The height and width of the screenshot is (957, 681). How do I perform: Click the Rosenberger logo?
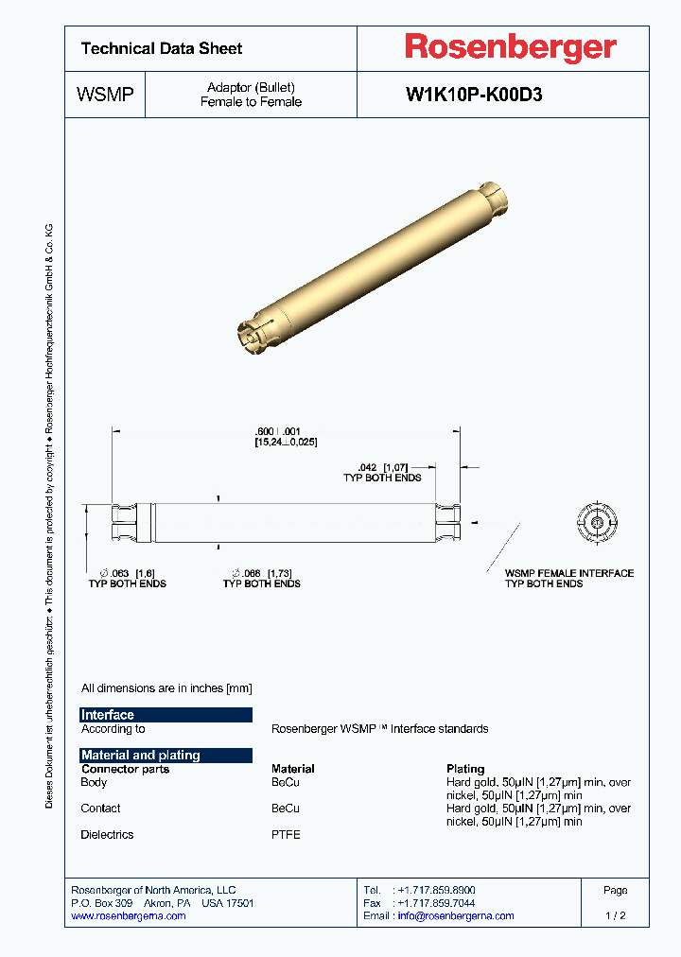click(x=511, y=47)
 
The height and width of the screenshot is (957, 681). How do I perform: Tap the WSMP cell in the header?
click(x=104, y=95)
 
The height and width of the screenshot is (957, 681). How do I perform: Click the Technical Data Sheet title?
click(x=162, y=48)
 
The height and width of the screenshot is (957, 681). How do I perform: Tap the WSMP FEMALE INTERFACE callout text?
click(x=568, y=573)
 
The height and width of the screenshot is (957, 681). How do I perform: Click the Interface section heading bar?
click(x=166, y=715)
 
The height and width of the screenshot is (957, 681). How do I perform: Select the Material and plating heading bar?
click(x=166, y=755)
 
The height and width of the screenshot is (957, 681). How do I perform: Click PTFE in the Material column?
click(x=286, y=835)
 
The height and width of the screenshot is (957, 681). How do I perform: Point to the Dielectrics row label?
click(x=107, y=835)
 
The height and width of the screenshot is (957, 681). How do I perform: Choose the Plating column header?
click(x=465, y=769)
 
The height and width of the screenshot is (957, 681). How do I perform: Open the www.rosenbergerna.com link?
click(x=129, y=915)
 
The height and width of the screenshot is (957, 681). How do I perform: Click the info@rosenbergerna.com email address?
click(x=456, y=915)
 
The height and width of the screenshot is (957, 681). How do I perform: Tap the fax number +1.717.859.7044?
click(x=437, y=903)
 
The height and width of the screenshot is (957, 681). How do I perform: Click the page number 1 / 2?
click(x=615, y=915)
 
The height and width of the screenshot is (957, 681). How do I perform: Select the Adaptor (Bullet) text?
click(x=251, y=88)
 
